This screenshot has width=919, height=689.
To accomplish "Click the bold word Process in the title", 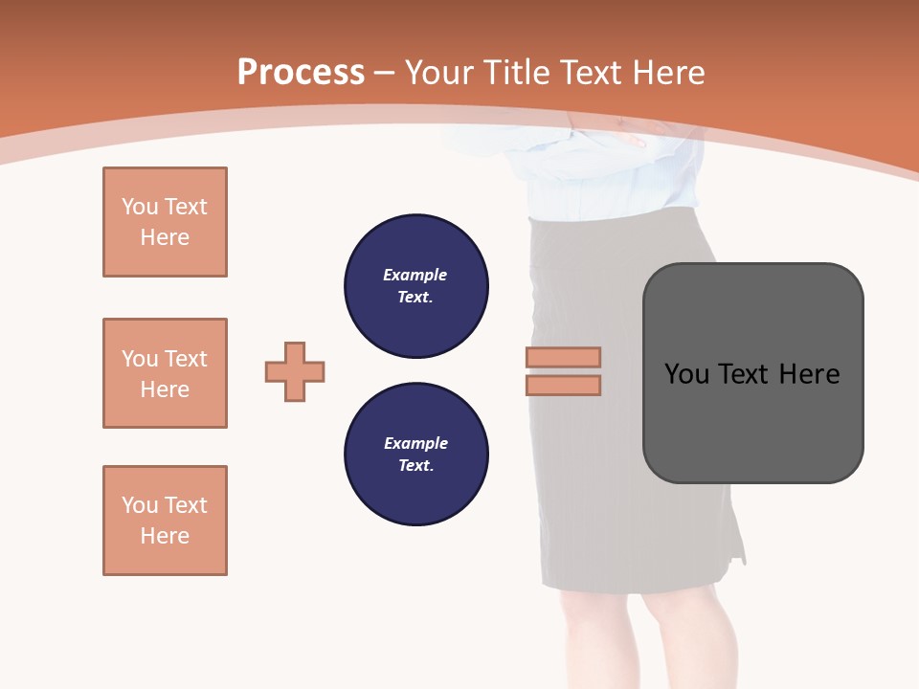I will pyautogui.click(x=301, y=73).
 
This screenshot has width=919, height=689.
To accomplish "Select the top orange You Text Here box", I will pyautogui.click(x=165, y=222).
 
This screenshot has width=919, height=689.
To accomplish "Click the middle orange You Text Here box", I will pyautogui.click(x=165, y=373).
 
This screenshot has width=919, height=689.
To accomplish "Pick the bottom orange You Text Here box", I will pyautogui.click(x=165, y=521).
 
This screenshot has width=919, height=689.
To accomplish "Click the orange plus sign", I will pyautogui.click(x=295, y=371).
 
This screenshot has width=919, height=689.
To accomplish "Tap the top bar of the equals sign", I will pyautogui.click(x=563, y=357).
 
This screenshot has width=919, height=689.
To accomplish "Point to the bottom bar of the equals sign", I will pyautogui.click(x=563, y=385).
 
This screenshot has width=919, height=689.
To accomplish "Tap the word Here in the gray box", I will pyautogui.click(x=809, y=374).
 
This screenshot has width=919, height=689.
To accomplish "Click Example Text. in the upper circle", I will pyautogui.click(x=415, y=286).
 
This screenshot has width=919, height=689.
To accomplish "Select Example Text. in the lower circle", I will pyautogui.click(x=415, y=455).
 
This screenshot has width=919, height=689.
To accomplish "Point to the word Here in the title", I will pyautogui.click(x=669, y=73).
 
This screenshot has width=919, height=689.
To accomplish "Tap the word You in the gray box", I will pyautogui.click(x=688, y=374).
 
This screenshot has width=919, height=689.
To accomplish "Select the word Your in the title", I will pyautogui.click(x=441, y=73).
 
